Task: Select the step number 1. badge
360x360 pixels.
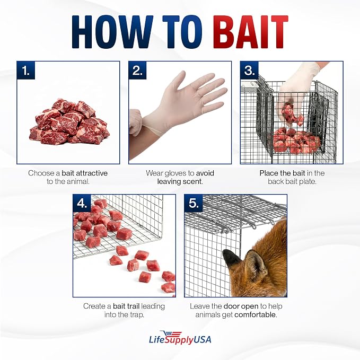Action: pos(25,71)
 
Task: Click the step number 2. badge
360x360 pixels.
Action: pos(137,71)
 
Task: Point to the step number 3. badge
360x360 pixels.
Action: pos(249,71)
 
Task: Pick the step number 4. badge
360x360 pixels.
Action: pos(82,203)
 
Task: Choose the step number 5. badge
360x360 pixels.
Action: pos(194,203)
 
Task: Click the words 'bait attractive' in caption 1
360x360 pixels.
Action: pos(84,173)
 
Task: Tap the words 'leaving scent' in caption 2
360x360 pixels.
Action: pos(180,182)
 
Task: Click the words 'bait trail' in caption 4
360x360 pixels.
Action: pos(126,306)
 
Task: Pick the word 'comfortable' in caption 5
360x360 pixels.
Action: pos(256,314)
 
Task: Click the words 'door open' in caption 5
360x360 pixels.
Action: pos(241,306)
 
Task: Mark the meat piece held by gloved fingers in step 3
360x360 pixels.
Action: pos(292,114)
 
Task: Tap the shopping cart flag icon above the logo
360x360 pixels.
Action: pos(171,334)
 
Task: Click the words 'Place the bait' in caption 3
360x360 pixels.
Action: pos(283,173)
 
